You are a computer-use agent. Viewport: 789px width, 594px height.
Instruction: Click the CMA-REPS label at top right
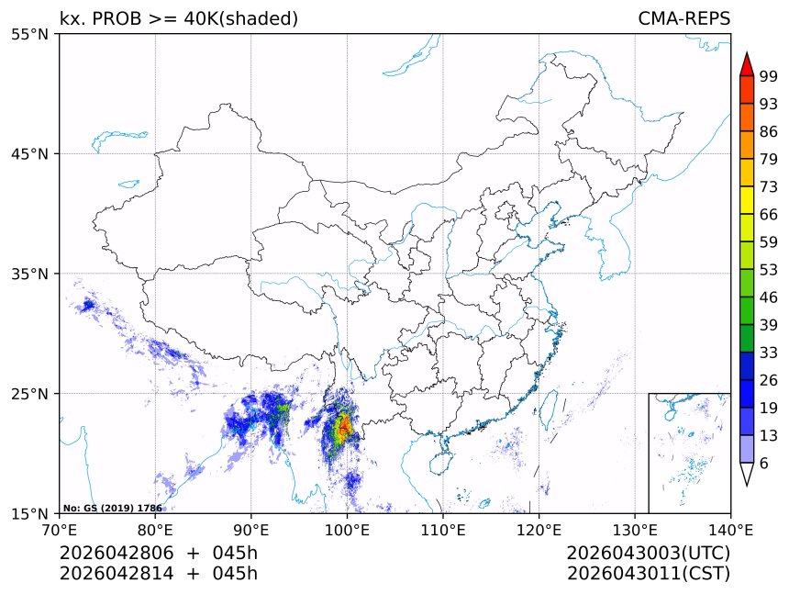[x=683, y=18]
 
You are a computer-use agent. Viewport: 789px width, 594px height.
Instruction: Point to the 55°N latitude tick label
[x=31, y=34]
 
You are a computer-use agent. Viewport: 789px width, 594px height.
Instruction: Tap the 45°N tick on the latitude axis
[x=31, y=153]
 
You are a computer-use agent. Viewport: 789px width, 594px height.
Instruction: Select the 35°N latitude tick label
[x=31, y=274]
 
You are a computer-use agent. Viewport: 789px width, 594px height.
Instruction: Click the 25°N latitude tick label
[x=31, y=394]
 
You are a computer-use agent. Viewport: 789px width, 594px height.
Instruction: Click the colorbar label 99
[x=769, y=77]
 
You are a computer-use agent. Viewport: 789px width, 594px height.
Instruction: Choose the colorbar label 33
[x=769, y=352]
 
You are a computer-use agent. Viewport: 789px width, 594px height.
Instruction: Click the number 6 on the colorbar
[x=764, y=464]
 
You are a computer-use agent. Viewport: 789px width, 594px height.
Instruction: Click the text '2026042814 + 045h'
[x=159, y=574]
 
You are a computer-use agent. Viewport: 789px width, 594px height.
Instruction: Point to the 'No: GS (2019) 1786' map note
[x=112, y=508]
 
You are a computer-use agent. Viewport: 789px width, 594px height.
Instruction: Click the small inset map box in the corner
[x=689, y=453]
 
